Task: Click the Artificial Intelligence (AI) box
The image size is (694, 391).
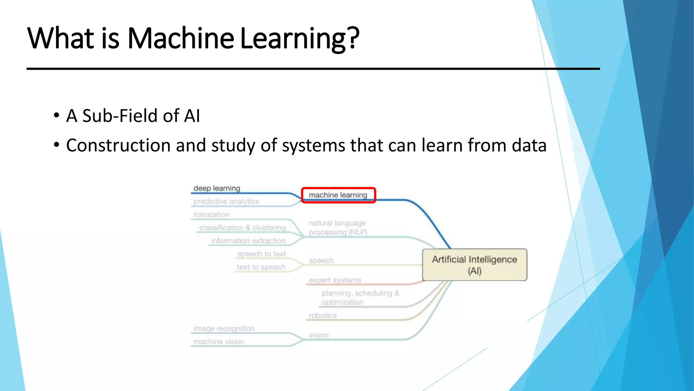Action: point(474,265)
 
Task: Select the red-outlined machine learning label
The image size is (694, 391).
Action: point(338,195)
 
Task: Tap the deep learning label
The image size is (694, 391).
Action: point(217,188)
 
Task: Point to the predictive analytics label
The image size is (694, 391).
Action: point(226,202)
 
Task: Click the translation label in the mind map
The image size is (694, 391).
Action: point(211,215)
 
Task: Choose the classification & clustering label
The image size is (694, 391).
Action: point(242,228)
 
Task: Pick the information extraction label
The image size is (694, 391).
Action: point(248,241)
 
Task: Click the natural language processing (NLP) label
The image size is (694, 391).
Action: point(338,228)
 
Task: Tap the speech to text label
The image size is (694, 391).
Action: point(261,254)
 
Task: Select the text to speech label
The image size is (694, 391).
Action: point(261,267)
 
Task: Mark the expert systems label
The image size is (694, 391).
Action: point(335,280)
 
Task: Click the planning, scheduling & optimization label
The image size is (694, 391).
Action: point(360,298)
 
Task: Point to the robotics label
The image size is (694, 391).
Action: point(323,316)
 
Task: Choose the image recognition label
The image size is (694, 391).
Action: point(224,329)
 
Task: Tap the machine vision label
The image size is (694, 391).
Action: point(219,342)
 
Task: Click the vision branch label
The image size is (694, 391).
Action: point(319,335)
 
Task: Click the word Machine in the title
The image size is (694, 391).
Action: point(180,38)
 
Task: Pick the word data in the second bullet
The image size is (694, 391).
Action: point(529,145)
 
